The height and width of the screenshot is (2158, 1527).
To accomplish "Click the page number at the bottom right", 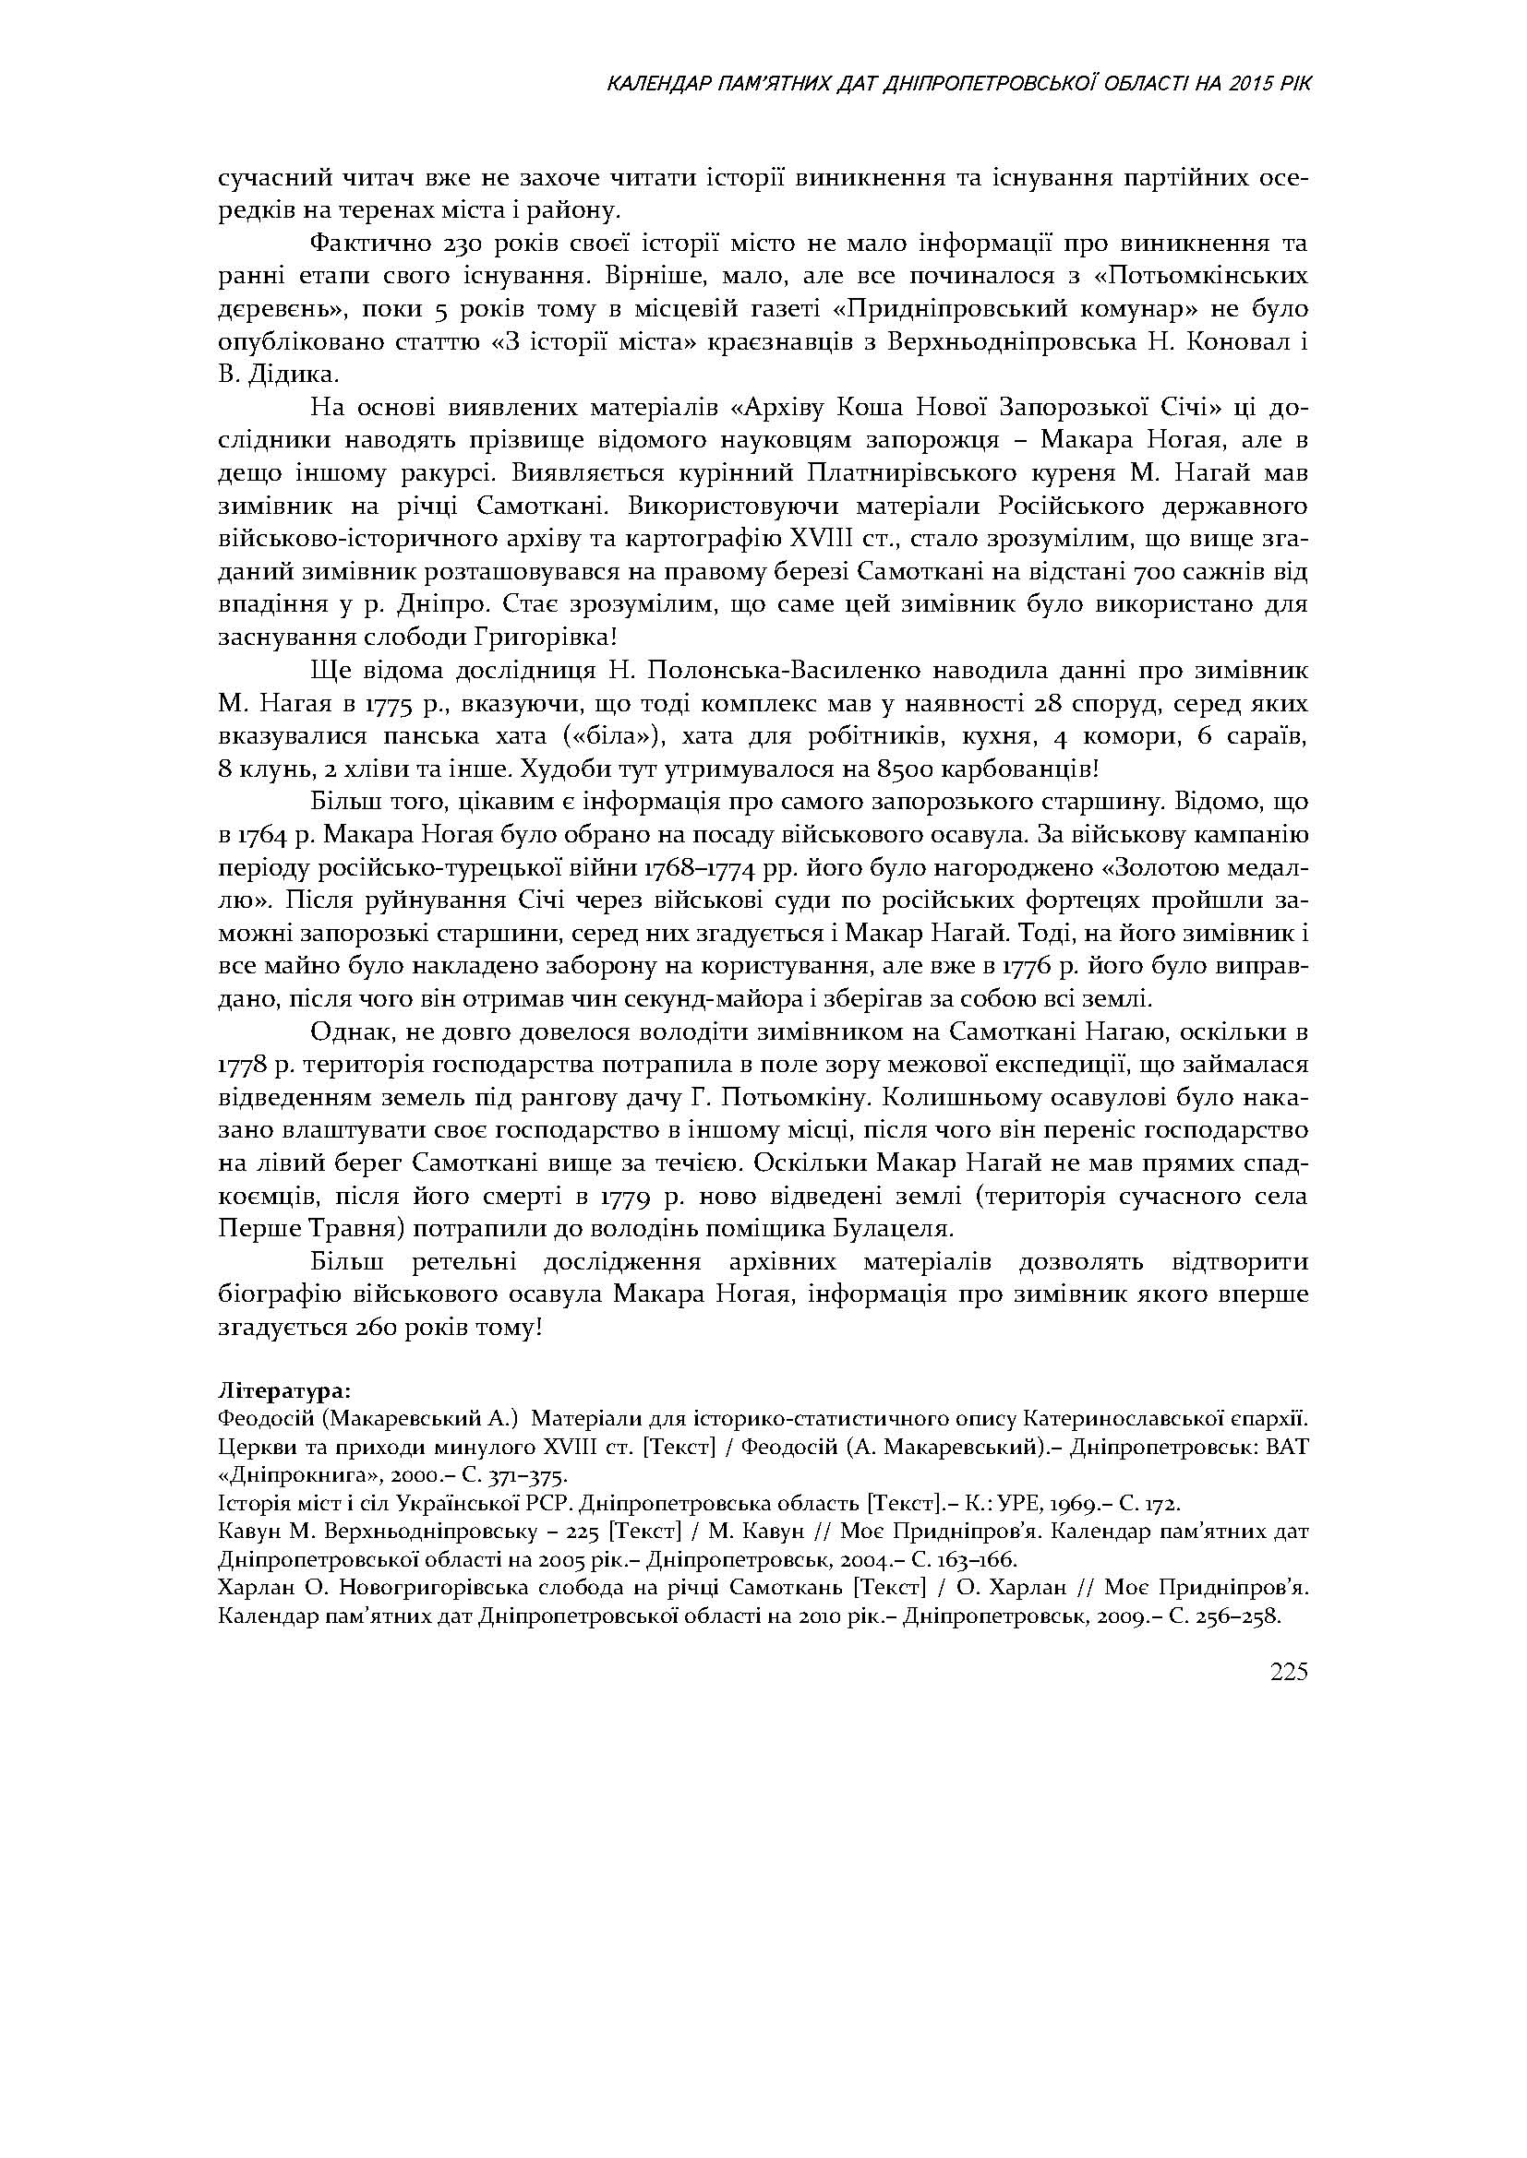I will [1289, 1672].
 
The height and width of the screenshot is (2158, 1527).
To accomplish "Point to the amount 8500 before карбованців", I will [907, 769].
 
